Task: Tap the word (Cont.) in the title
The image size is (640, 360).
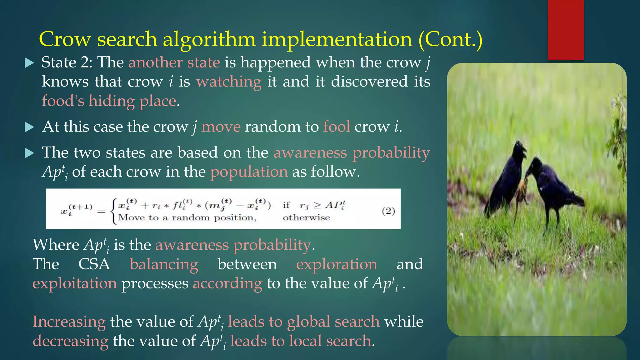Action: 450,40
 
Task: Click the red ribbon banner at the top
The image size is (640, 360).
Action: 566,30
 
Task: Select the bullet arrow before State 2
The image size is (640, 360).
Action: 29,63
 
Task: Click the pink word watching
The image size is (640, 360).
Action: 229,82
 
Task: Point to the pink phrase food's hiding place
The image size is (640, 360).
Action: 109,101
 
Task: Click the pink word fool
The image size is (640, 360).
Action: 337,127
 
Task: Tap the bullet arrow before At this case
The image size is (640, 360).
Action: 29,127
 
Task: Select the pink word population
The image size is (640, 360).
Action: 249,172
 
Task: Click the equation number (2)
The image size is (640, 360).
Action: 388,211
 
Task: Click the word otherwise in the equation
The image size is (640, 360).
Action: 306,218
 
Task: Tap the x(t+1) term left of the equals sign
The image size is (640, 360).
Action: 77,209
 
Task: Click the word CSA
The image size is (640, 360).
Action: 94,264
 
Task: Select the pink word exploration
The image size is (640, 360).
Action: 337,264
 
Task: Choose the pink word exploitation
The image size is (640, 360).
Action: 75,283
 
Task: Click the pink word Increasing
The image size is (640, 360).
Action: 69,322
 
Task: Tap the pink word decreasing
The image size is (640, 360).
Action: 71,341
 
